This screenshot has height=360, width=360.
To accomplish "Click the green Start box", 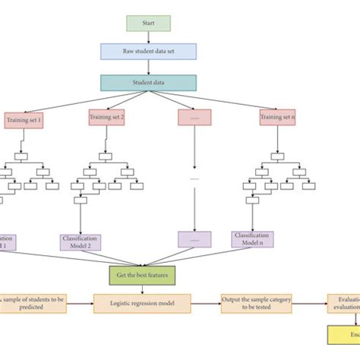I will point(148,24).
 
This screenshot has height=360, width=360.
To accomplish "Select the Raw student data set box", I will point(148,51).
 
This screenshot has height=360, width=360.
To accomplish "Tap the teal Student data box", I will point(148,82).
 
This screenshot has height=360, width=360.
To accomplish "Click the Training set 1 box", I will point(26,118).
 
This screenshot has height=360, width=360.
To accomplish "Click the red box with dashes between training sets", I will point(194,118).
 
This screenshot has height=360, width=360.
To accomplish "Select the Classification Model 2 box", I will point(80,242).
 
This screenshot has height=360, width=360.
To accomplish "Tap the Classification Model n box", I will point(252,240).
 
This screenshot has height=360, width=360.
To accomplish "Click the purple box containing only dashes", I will point(194,240).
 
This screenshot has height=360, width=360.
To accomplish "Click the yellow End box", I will point(344,336).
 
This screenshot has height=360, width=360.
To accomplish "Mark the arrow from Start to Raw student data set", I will point(148,37).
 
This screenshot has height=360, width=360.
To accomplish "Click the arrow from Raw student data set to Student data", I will point(148,67).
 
